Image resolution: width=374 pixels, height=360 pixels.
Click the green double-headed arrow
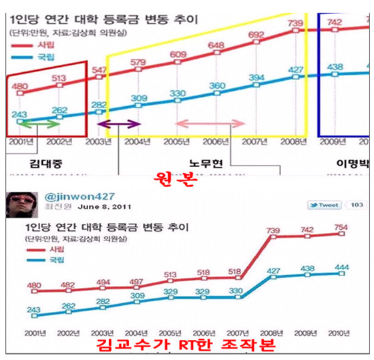(x=40, y=124)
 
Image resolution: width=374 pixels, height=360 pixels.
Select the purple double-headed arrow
(x=118, y=124)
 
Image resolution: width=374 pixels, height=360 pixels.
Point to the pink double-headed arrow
(x=202, y=124)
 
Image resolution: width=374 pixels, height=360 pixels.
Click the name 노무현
(x=207, y=163)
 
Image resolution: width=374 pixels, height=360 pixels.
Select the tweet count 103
(x=357, y=205)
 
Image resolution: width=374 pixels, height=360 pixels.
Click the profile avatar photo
(x=19, y=202)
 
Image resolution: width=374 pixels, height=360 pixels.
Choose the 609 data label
(x=178, y=55)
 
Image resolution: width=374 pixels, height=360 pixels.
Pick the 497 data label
(x=136, y=282)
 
